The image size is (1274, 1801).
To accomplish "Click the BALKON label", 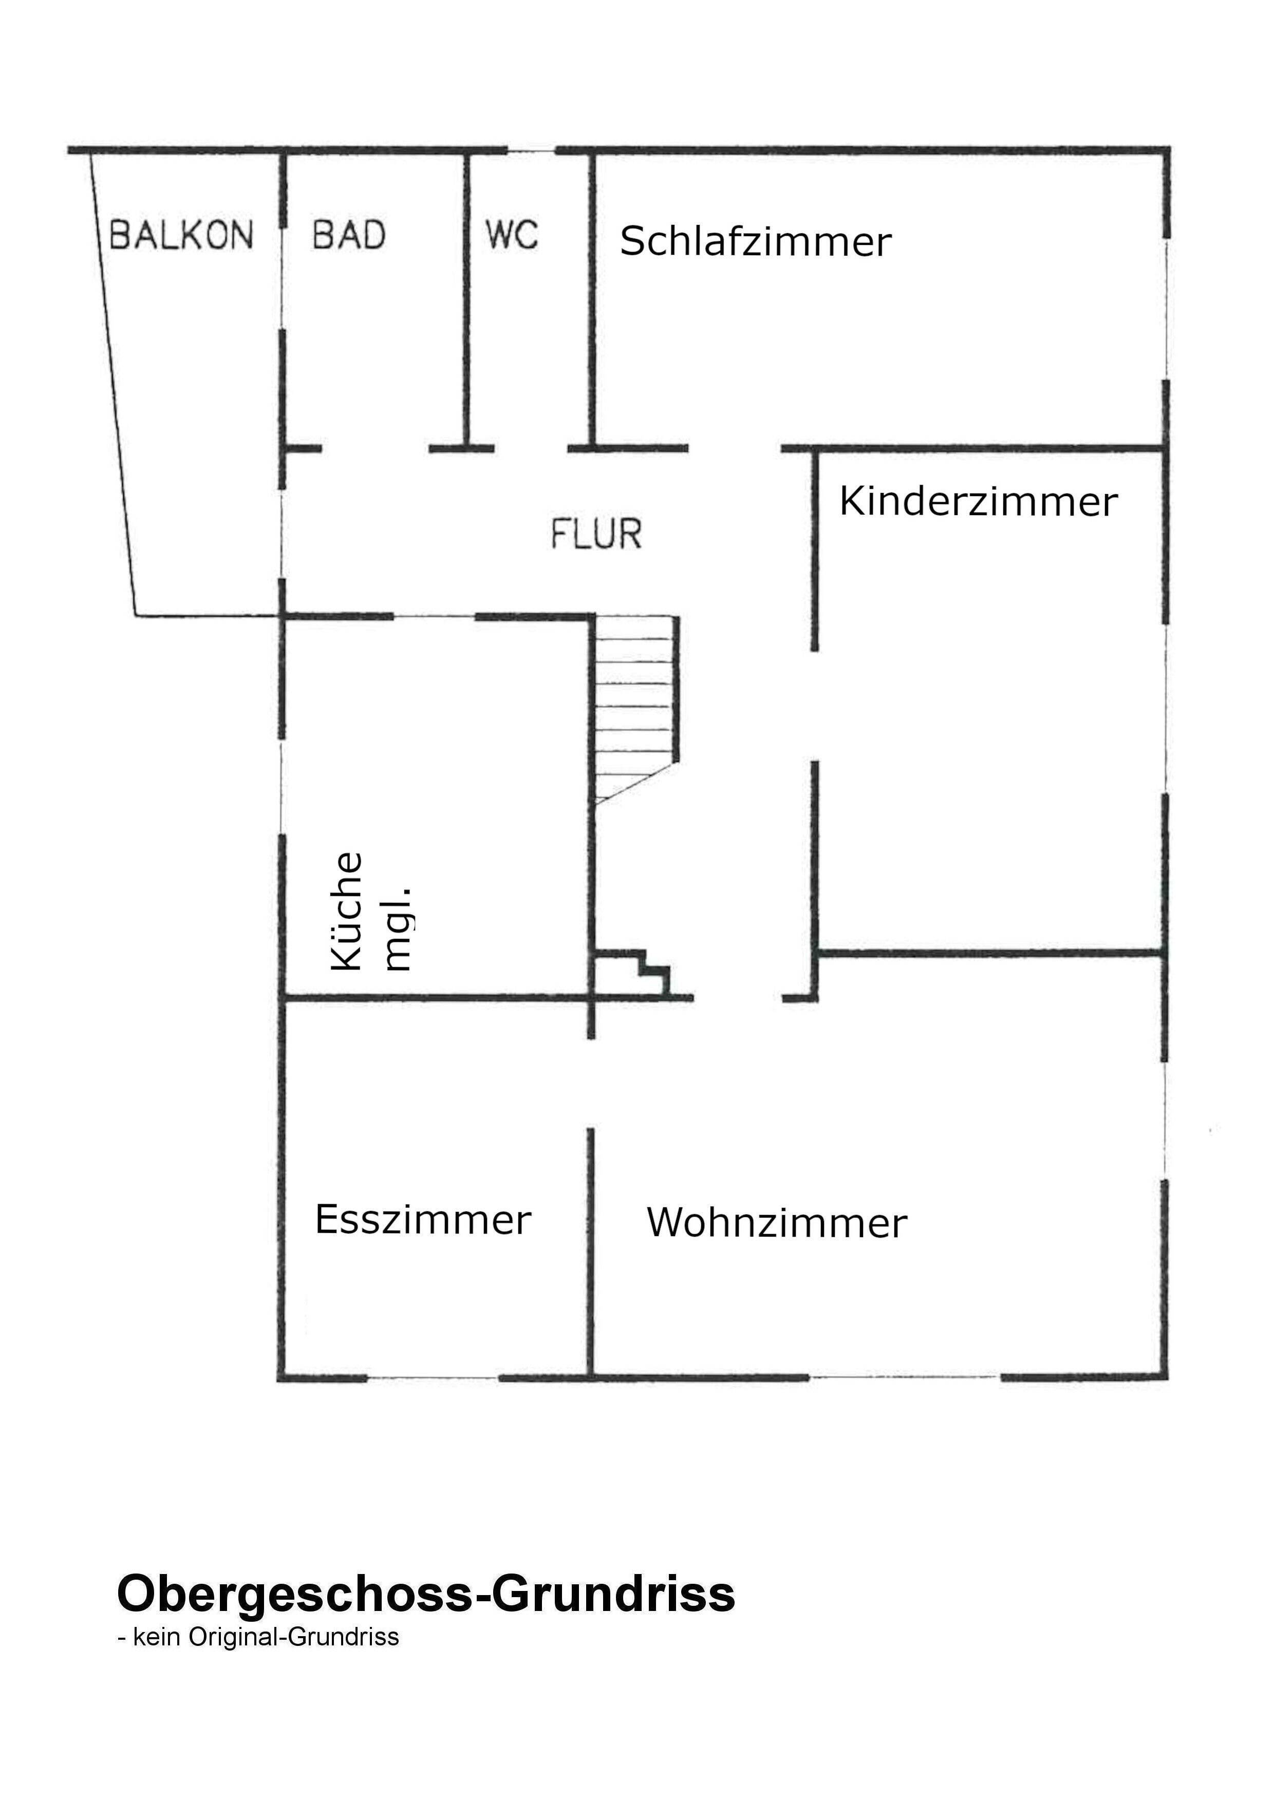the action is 181,235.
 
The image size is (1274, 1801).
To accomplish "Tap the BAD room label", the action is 349,235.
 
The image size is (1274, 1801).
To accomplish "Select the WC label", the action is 512,235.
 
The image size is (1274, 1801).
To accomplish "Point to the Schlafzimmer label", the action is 756,241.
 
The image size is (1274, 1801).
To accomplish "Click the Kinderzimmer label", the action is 978,502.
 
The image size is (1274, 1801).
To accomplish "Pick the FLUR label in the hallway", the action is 596,534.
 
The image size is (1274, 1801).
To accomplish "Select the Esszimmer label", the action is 423,1220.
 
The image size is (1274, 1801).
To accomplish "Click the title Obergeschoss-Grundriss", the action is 426,1593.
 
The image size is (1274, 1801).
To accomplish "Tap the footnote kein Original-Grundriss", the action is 259,1637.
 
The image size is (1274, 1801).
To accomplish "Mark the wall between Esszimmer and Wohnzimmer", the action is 591,1255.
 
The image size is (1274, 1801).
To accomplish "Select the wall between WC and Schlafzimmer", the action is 593,298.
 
